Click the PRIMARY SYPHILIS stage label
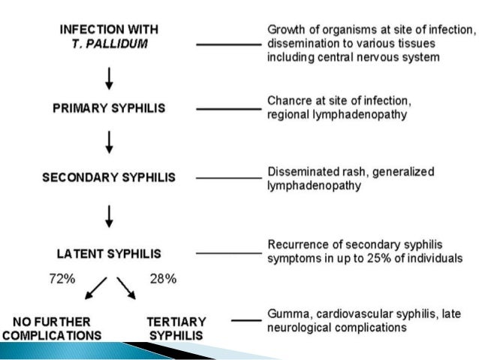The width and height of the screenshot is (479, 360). point(109,107)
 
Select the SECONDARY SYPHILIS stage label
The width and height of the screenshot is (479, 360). point(109,178)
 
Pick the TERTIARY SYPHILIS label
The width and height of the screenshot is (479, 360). point(175,326)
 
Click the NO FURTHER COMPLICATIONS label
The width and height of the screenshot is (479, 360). point(55,326)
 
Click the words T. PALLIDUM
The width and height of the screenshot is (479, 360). point(110,43)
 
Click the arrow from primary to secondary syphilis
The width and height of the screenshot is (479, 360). point(110,141)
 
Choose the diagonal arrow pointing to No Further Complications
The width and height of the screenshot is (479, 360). point(97,287)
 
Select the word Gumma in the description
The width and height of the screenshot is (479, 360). point(288,314)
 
